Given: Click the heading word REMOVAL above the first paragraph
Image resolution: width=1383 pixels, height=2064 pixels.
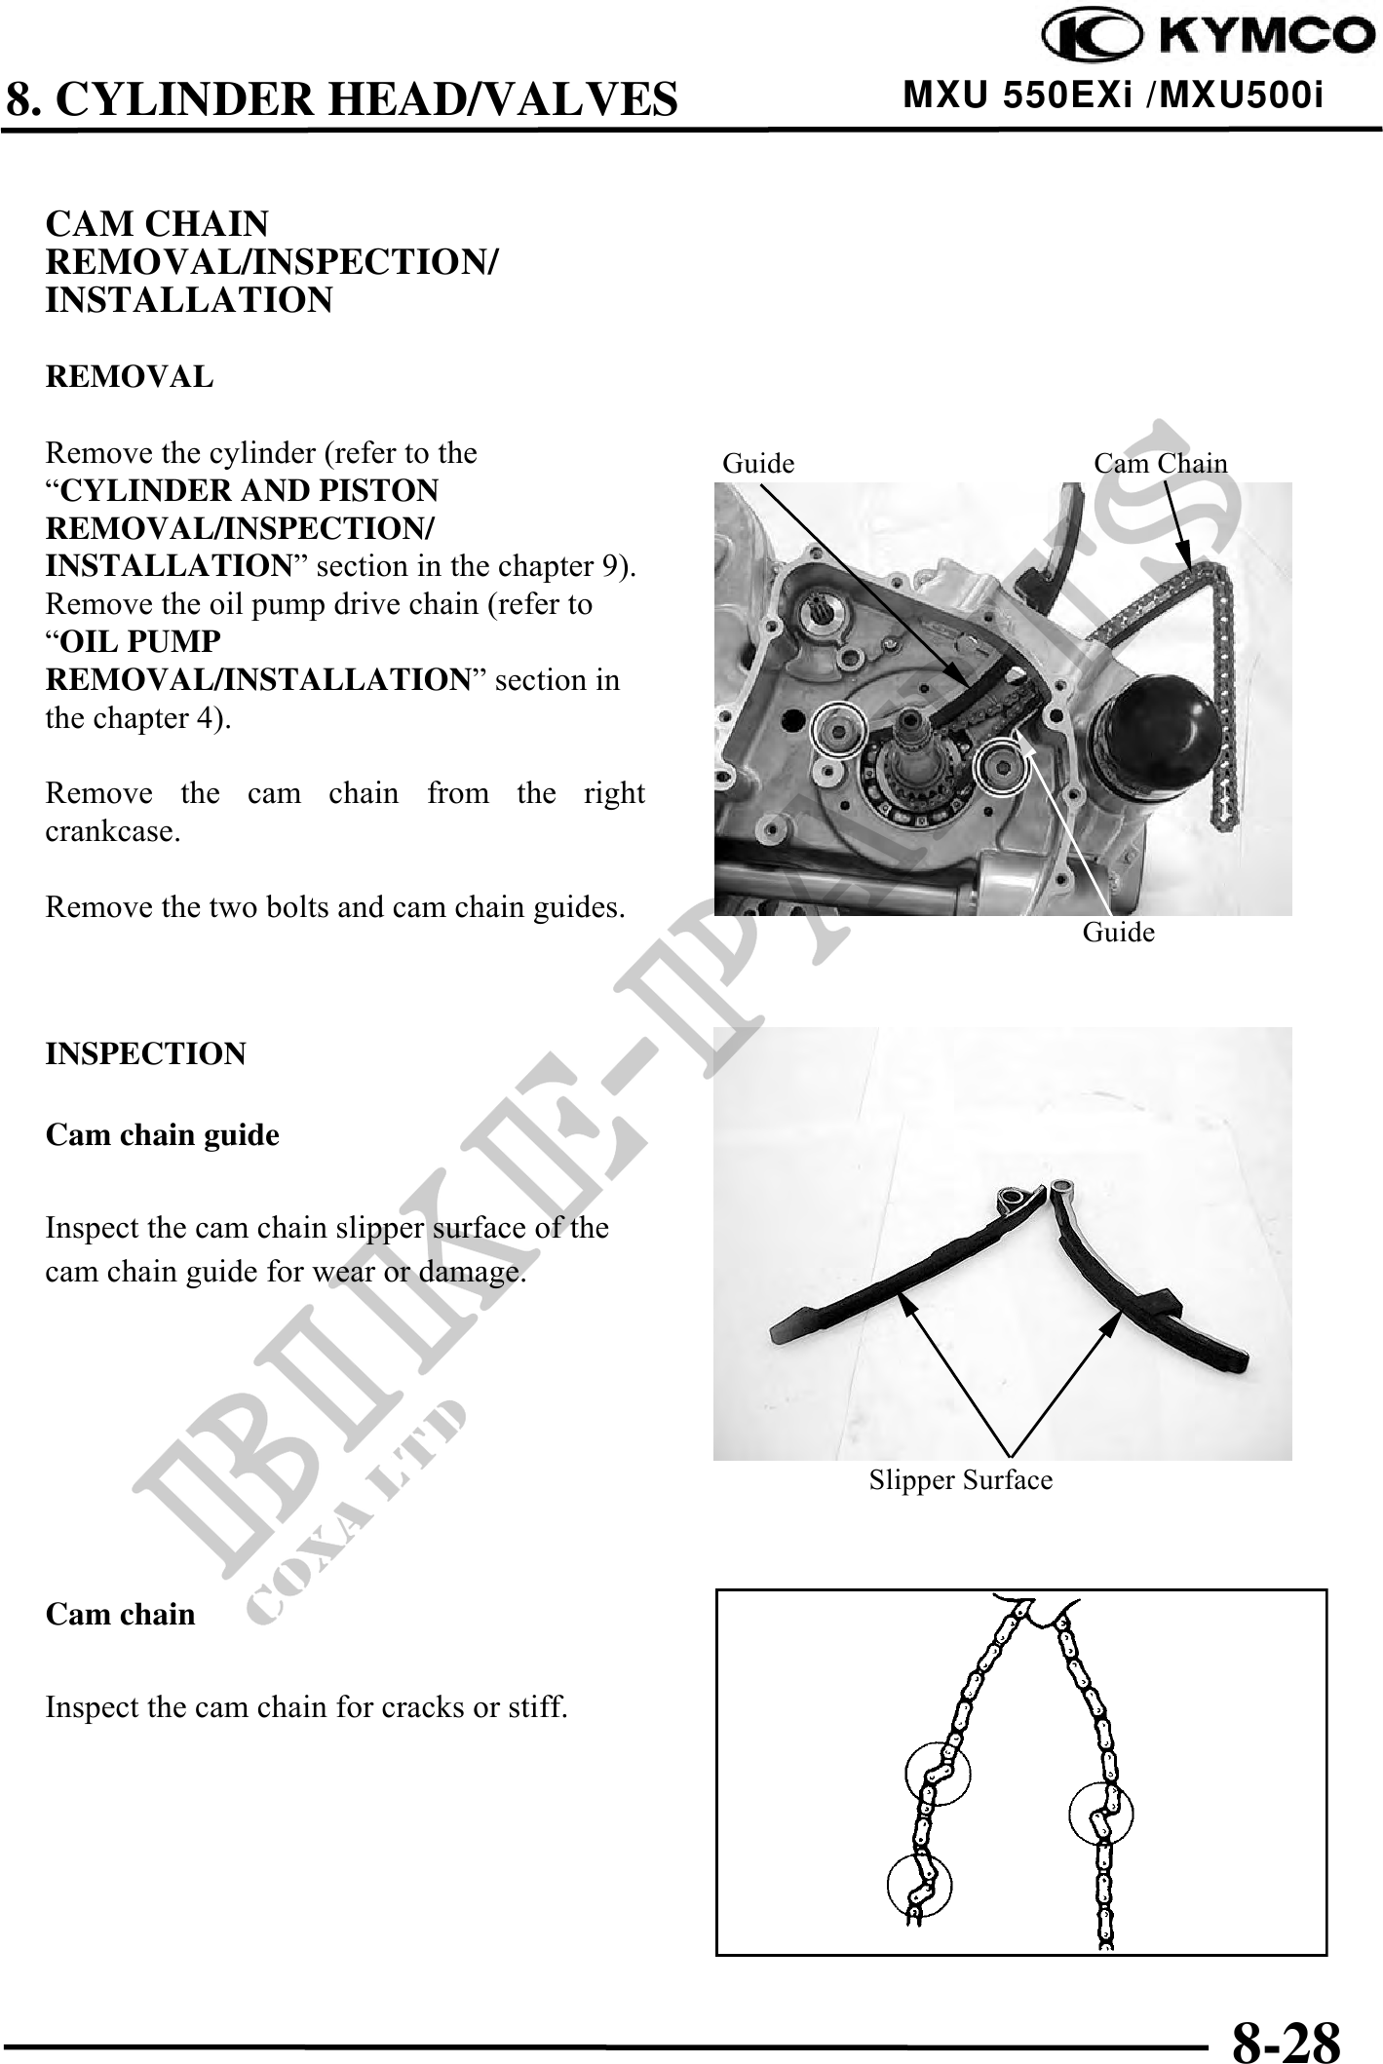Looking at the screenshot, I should (130, 377).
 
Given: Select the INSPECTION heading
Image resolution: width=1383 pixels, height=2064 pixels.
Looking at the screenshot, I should (146, 1054).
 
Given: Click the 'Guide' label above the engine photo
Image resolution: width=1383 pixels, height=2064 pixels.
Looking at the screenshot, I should (758, 464).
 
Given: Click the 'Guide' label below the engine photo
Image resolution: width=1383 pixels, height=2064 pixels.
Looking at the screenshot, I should (1118, 934).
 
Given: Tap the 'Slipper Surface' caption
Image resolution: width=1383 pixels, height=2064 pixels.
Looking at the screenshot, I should (961, 1480).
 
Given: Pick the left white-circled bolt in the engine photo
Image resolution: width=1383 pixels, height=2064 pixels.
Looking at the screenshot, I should (837, 727).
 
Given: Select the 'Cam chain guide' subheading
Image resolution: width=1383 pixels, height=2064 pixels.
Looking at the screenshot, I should (163, 1135).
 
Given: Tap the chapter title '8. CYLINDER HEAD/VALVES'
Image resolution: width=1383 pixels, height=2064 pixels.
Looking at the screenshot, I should (342, 99).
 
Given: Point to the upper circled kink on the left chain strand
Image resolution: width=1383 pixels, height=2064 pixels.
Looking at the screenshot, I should (938, 1773).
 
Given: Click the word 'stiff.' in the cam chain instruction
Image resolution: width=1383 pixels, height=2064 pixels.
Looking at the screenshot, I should (541, 1707).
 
